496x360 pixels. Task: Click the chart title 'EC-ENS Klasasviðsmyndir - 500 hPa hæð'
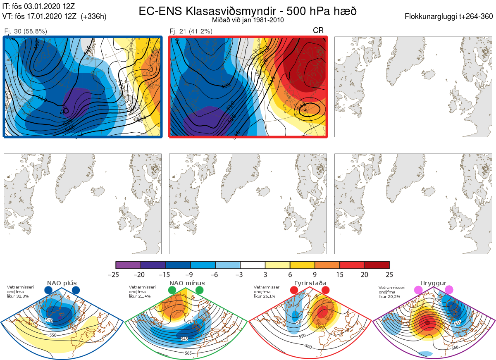(x=248, y=11)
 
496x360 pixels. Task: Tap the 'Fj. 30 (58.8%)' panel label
(x=26, y=31)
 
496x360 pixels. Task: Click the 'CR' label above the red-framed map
(x=318, y=30)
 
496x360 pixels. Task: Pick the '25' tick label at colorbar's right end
(x=389, y=274)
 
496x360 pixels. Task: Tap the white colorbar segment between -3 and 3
(x=253, y=265)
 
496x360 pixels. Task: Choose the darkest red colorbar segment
(x=377, y=265)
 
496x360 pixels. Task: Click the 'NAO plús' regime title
(x=62, y=283)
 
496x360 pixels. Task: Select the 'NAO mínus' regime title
(x=187, y=283)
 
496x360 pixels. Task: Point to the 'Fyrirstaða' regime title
(x=310, y=283)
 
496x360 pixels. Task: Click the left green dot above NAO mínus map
(x=172, y=291)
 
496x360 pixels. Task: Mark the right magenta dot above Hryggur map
(x=449, y=290)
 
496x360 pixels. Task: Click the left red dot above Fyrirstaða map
(x=294, y=291)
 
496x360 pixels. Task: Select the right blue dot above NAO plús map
(x=76, y=291)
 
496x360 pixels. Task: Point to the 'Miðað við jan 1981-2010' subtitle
(x=248, y=20)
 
